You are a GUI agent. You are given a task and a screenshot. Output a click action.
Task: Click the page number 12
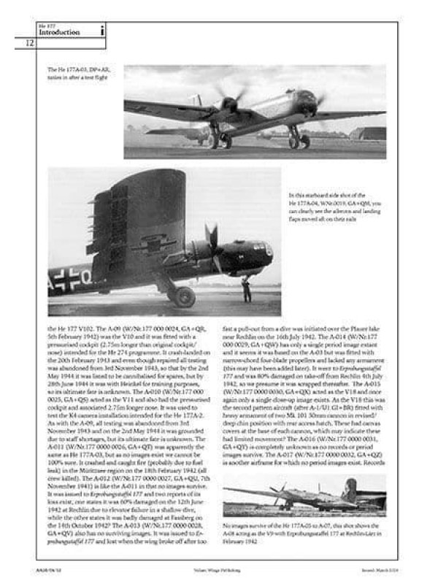click(x=30, y=44)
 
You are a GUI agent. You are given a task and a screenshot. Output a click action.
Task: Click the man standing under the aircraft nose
click(x=247, y=288)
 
